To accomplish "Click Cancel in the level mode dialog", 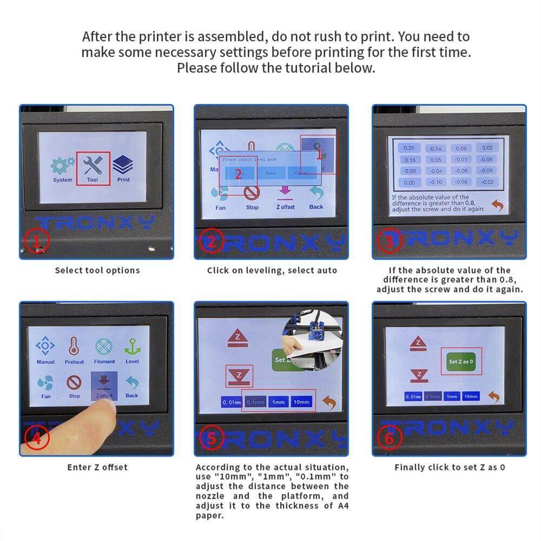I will (301, 173).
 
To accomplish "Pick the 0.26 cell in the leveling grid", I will (409, 148).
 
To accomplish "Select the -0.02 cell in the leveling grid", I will (487, 182).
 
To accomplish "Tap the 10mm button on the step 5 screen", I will (301, 402).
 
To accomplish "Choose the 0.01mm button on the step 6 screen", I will (413, 397).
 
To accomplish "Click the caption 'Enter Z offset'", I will (97, 467).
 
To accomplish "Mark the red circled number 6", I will (390, 438).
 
